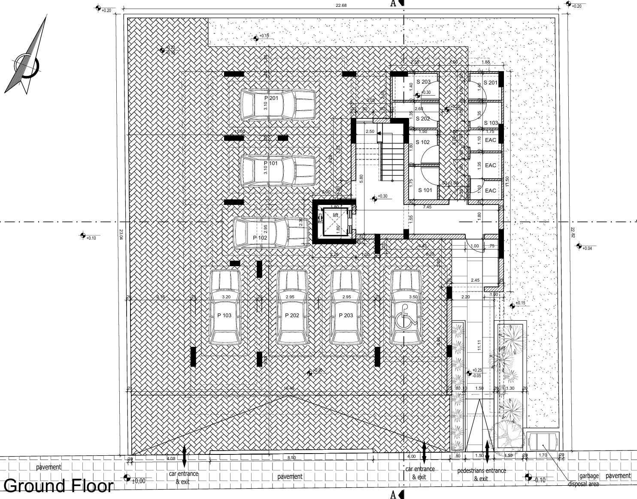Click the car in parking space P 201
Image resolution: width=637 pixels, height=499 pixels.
[278, 105]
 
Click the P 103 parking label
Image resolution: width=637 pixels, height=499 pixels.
[224, 316]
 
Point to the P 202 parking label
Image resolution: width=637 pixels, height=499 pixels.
[292, 316]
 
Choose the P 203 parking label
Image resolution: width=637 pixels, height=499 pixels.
[346, 316]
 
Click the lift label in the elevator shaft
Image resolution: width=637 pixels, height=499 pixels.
[336, 215]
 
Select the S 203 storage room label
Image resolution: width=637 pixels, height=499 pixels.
[423, 82]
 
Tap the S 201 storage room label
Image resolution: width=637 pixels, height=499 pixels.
[490, 83]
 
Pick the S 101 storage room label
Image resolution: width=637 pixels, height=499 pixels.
[425, 190]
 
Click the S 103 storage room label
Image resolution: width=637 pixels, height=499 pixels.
[491, 123]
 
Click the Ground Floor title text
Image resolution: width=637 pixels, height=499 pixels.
[59, 486]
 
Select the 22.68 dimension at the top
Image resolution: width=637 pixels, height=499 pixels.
[342, 6]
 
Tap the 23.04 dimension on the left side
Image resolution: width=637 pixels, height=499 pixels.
[121, 234]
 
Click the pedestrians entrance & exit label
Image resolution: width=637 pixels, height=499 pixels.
[481, 474]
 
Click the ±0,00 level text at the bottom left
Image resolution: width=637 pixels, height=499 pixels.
[138, 481]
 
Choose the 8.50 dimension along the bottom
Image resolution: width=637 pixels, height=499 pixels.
[291, 458]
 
